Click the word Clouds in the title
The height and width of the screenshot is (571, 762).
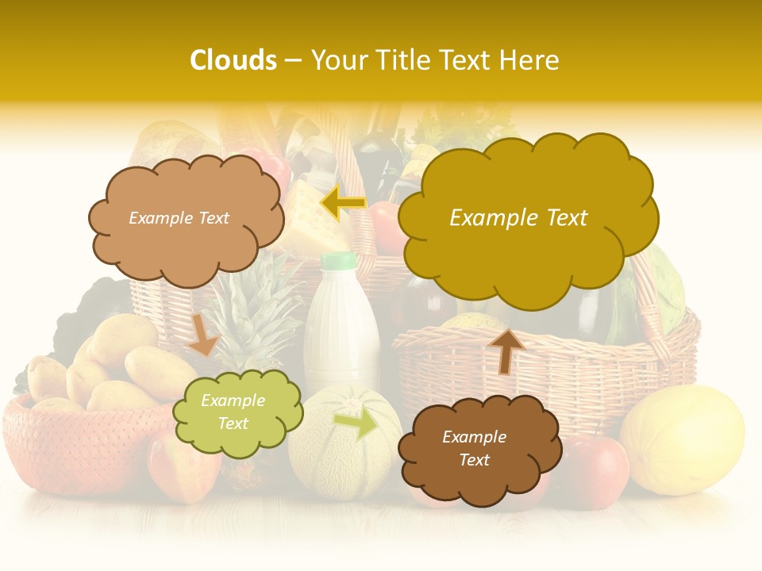point(233,60)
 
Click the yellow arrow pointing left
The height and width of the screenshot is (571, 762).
point(343,203)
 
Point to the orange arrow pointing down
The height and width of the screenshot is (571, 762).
point(203,334)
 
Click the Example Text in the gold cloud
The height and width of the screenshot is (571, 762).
point(518,218)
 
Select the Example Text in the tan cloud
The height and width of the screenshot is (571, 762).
point(179,218)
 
